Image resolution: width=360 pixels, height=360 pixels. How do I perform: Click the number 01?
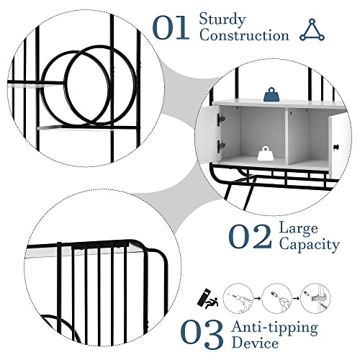click(x=171, y=27)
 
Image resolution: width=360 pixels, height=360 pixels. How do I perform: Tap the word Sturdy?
click(x=222, y=19)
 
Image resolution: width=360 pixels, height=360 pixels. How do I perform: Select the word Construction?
click(x=244, y=35)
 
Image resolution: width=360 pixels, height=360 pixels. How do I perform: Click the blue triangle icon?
click(x=312, y=30)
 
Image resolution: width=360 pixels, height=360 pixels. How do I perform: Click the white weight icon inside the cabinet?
click(x=265, y=153)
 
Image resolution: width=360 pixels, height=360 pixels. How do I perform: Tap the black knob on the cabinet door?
click(x=336, y=146)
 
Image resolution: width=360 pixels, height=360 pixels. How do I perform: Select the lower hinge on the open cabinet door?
click(x=221, y=145)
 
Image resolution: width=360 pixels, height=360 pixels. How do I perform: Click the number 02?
click(x=250, y=236)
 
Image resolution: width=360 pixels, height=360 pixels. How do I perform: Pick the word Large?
click(x=298, y=228)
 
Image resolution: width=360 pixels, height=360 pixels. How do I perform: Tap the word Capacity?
click(x=310, y=245)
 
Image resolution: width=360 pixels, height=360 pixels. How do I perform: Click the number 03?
click(x=202, y=334)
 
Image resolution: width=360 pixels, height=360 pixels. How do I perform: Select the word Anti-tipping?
click(x=275, y=328)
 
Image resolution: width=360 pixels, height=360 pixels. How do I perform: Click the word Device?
click(x=255, y=343)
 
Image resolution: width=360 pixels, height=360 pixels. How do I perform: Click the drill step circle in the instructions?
click(x=238, y=298)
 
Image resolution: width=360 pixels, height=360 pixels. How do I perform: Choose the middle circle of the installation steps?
click(x=277, y=298)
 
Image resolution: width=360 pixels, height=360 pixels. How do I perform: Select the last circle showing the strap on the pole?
click(x=315, y=298)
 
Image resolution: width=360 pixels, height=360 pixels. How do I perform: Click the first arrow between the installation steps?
click(x=258, y=299)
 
